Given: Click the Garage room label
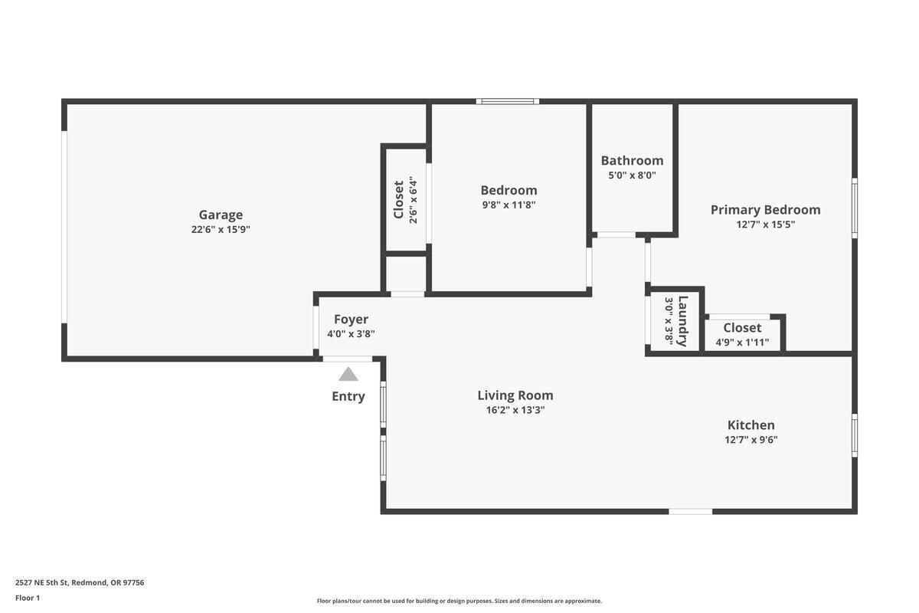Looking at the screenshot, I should [221, 215].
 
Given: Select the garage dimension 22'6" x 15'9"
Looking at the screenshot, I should [221, 229].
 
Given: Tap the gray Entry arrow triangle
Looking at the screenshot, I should [348, 374].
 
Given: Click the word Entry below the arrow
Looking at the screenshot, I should [348, 396].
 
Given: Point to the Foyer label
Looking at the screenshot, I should [351, 319].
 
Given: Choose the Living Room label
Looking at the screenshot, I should [515, 395].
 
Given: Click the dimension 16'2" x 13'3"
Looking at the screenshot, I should [515, 410].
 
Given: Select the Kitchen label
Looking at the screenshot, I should [751, 425].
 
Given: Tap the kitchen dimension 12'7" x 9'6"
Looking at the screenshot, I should [751, 440].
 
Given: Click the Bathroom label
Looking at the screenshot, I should [632, 160].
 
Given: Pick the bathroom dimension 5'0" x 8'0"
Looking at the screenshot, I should [632, 175].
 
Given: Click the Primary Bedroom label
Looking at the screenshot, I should [765, 209].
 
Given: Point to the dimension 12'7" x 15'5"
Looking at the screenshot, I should [765, 225].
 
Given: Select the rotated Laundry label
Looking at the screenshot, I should [682, 321].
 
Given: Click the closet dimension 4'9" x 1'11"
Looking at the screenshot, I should [742, 343].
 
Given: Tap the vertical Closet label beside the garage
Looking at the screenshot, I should [398, 199].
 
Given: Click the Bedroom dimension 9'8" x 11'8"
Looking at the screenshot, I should [509, 205].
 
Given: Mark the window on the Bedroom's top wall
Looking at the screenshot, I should [507, 101].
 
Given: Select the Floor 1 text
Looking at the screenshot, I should [28, 598].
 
